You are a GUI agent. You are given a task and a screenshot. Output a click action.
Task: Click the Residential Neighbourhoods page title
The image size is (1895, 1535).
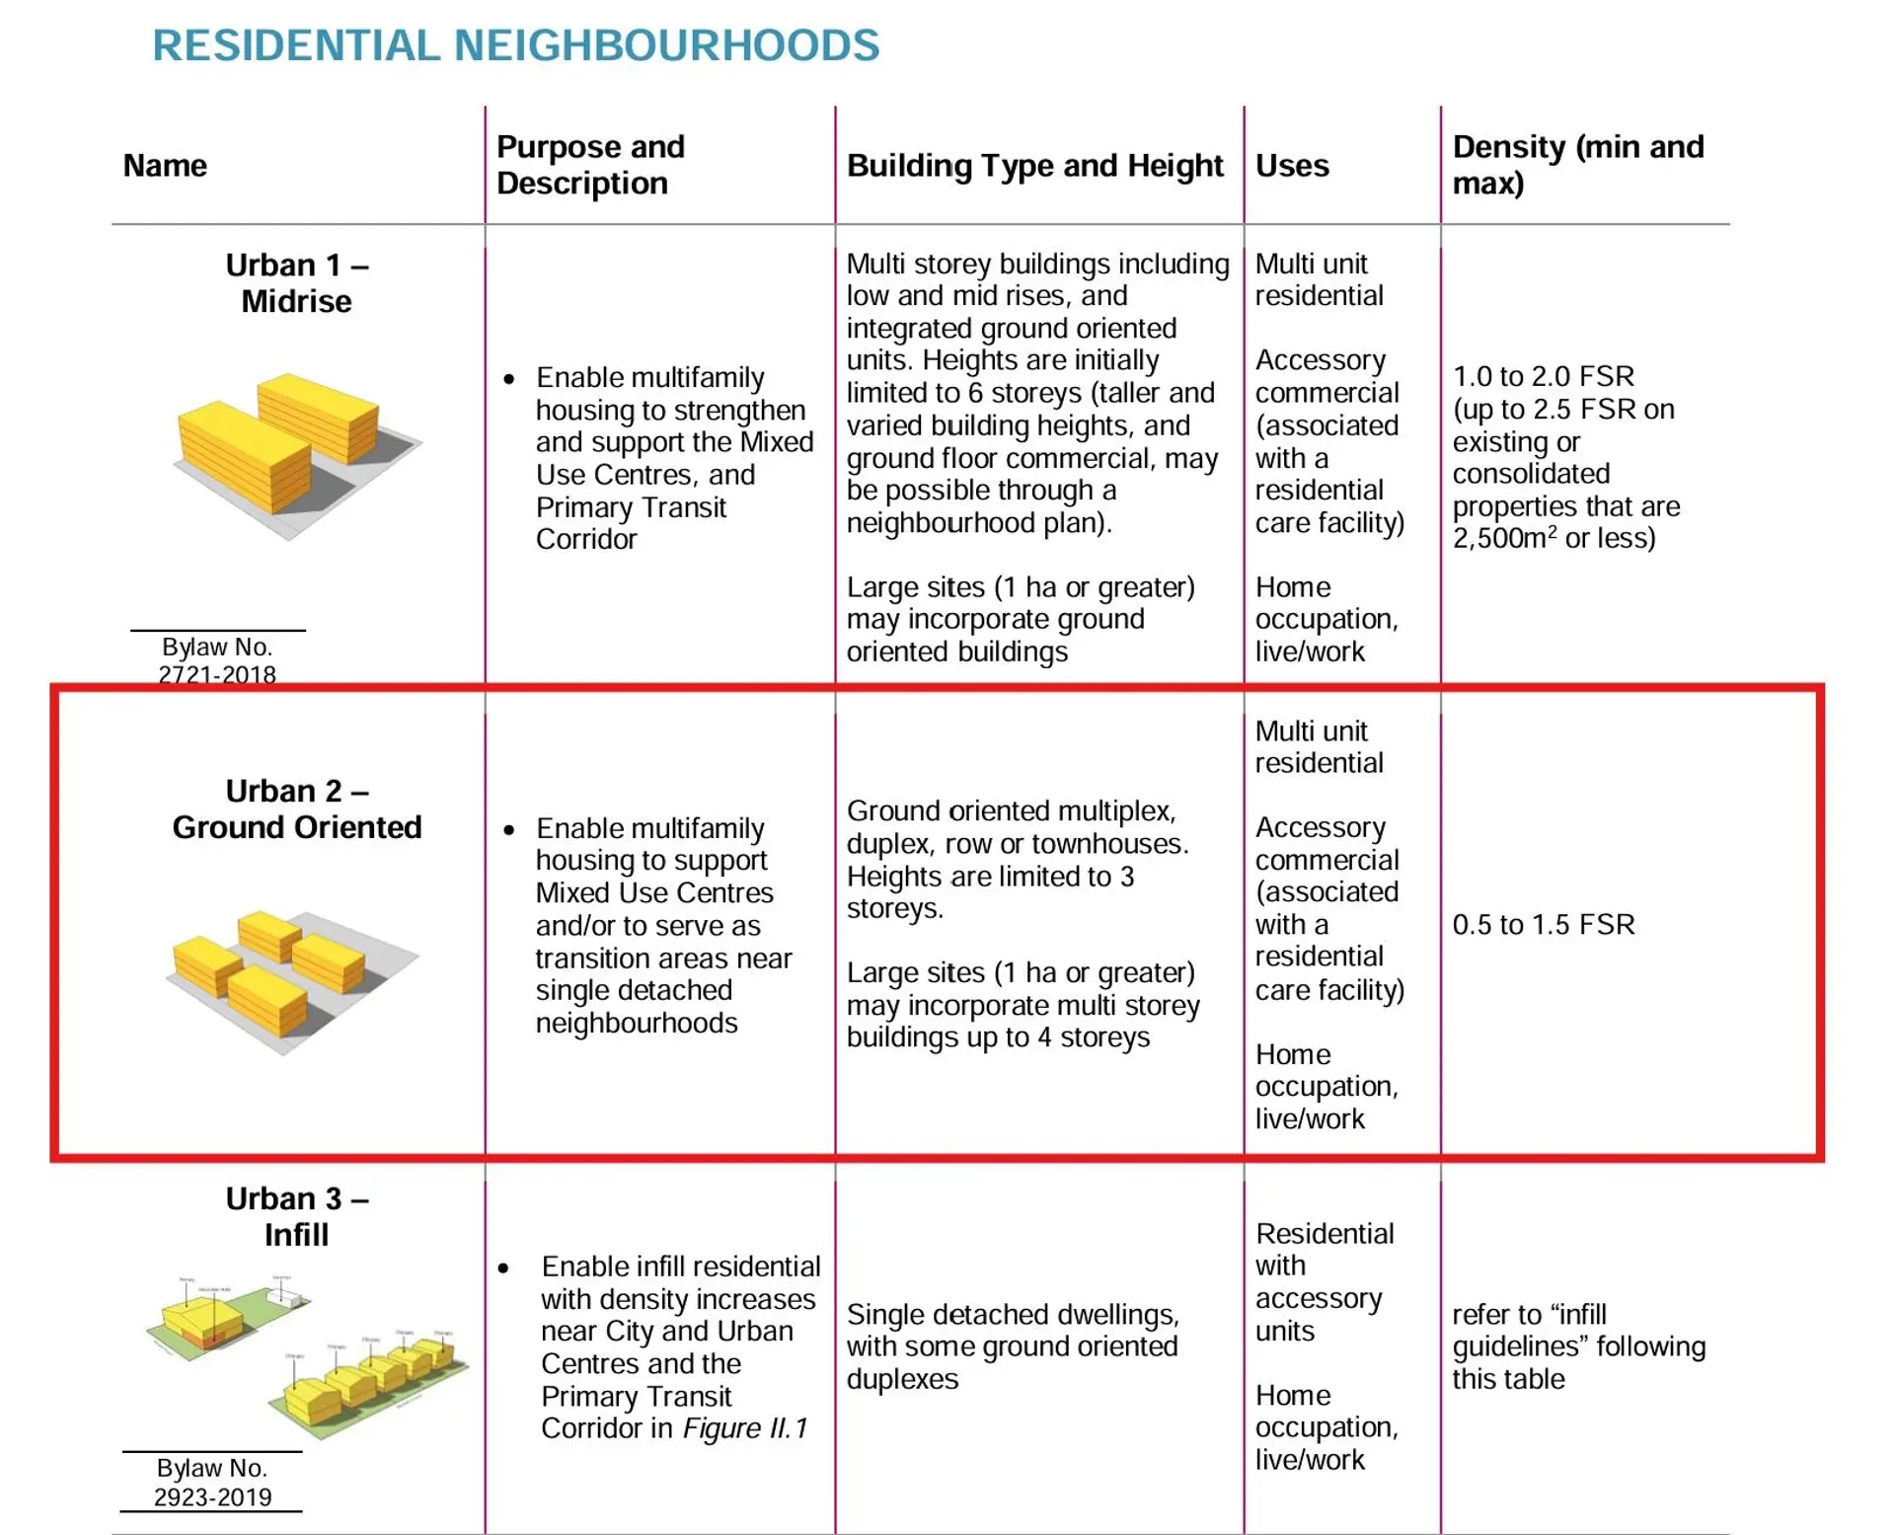[515, 45]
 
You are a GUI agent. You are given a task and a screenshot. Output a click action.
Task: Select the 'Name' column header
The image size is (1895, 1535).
[165, 165]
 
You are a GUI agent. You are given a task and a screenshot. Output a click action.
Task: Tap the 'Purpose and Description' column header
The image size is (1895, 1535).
[590, 165]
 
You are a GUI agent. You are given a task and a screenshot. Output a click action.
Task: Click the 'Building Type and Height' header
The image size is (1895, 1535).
[1034, 165]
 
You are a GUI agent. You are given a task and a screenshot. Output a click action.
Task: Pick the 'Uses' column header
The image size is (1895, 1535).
[1292, 165]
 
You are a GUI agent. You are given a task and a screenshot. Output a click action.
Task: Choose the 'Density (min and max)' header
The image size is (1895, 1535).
[1577, 165]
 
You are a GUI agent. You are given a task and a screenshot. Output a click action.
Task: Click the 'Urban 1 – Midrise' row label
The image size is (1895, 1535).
[296, 283]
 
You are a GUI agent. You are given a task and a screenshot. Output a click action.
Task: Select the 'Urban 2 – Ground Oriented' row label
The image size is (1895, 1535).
[296, 808]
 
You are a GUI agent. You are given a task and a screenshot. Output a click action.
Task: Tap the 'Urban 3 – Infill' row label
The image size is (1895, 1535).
[296, 1216]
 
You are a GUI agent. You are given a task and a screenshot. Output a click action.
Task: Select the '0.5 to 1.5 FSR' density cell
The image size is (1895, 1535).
[1543, 924]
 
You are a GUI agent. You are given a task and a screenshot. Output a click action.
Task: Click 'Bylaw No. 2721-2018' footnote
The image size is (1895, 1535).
[217, 660]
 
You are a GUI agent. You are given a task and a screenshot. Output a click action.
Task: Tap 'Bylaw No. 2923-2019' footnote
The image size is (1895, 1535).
[212, 1482]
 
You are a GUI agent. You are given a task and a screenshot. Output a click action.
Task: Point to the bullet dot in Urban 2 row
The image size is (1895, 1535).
[508, 830]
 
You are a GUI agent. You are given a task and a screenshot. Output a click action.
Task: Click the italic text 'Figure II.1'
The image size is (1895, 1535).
[745, 1428]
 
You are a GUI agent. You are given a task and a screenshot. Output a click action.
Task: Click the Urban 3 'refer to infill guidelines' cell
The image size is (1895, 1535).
[1577, 1345]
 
